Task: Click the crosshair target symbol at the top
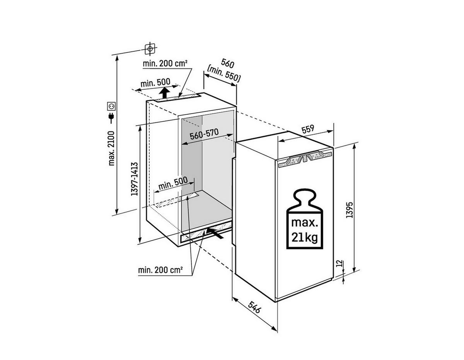pos(150,49)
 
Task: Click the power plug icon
pos(111,117)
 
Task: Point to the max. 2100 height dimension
pos(111,148)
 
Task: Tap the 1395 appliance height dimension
pos(349,209)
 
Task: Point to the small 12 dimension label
pos(339,264)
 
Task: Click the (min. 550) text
pos(224,73)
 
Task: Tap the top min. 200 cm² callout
pos(165,63)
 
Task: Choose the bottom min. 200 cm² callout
pos(160,270)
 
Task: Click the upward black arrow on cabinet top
pos(165,93)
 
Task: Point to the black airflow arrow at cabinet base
pos(215,232)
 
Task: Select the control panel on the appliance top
pos(305,158)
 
